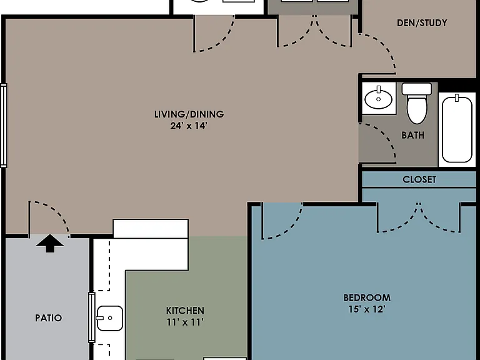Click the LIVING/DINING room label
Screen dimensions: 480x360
[189, 114]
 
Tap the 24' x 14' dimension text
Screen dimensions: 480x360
[189, 126]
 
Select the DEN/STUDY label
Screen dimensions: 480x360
[422, 23]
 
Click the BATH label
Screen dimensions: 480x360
[413, 135]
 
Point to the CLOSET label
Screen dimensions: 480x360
[419, 179]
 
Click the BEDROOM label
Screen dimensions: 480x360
[367, 297]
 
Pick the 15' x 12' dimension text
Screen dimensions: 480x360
[367, 309]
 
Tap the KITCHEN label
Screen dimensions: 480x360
[185, 311]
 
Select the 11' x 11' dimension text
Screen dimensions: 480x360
[185, 322]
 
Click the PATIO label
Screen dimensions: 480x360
[48, 317]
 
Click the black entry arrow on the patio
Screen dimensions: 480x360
[50, 244]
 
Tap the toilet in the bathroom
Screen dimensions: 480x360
[417, 103]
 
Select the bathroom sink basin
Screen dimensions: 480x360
[378, 99]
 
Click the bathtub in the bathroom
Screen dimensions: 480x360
[457, 129]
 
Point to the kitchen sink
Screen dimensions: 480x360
[110, 318]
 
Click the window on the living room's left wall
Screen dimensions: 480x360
[3, 126]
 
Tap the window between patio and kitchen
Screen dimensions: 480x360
[91, 317]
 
